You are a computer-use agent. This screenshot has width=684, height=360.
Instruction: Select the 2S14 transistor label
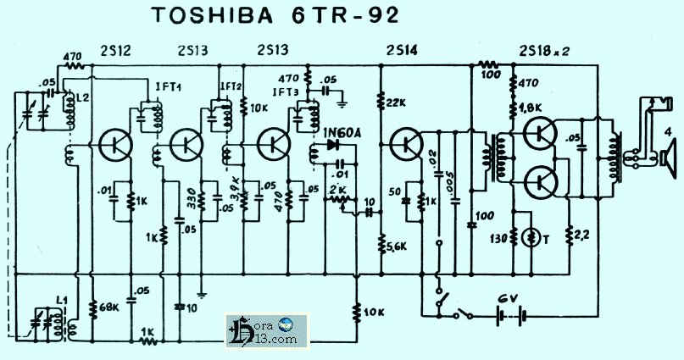tap(402, 50)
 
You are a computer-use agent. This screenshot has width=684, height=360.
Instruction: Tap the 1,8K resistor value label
tap(531, 107)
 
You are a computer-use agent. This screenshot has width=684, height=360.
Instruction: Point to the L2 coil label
tap(81, 98)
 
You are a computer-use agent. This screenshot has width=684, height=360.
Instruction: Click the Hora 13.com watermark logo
tap(268, 330)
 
